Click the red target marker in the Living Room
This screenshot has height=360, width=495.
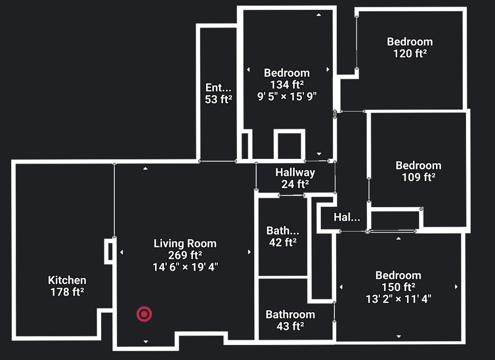tap(144, 314)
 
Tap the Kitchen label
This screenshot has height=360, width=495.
tap(67, 280)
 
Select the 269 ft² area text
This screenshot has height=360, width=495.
tap(185, 255)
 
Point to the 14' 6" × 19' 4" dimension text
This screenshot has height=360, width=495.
tap(185, 267)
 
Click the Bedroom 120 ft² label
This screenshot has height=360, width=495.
tap(410, 47)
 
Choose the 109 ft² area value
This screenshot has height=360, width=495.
tap(419, 177)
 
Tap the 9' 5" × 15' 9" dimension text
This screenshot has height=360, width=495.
tap(287, 96)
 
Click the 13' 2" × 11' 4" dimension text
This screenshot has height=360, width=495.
tap(399, 299)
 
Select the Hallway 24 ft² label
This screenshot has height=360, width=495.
tap(295, 178)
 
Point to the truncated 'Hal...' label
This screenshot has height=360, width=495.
tap(347, 217)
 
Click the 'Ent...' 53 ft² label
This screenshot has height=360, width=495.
tap(218, 94)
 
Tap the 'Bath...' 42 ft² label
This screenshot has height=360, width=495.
tap(283, 236)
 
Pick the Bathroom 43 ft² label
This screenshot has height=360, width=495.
tap(290, 320)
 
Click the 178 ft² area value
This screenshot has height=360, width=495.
tap(67, 292)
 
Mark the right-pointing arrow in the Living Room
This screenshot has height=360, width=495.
tap(250, 252)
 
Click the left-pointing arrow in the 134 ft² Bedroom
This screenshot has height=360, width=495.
tap(248, 69)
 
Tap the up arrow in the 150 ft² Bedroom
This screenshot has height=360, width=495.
tap(399, 238)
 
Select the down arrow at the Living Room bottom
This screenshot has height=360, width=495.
tap(146, 341)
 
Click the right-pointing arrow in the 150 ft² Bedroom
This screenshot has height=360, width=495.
tap(456, 287)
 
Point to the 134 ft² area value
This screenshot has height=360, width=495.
tap(287, 85)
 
